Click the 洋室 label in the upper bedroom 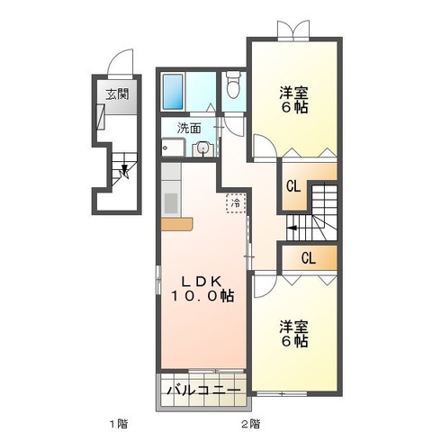294,92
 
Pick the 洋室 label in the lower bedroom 294,326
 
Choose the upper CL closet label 293,186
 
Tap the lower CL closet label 308,258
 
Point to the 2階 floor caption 250,422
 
